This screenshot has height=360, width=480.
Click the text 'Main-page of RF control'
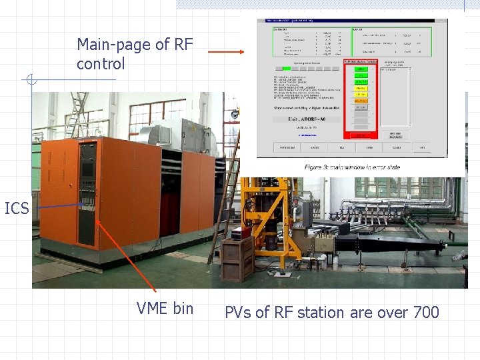click(135, 54)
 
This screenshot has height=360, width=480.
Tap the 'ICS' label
click(17, 209)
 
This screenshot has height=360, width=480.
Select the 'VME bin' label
click(165, 308)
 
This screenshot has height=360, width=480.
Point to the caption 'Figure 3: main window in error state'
click(352, 167)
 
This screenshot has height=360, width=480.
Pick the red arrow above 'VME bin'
click(127, 247)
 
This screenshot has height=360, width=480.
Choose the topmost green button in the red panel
click(361, 69)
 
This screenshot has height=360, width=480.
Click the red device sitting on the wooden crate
click(237, 233)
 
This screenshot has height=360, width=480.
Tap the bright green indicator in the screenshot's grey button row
click(286, 68)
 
